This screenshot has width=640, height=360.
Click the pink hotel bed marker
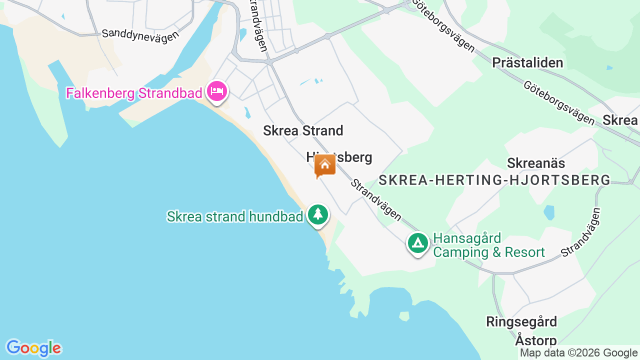(217, 91)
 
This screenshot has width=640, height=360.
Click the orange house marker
(324, 164)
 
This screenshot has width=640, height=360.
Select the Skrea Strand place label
(303, 130)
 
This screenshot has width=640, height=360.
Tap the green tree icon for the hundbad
(317, 214)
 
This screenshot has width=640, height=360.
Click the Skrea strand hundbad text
(235, 216)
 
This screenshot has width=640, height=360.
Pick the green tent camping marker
(418, 243)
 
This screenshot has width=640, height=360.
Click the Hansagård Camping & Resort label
(488, 245)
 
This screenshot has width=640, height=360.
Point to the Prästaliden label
(527, 62)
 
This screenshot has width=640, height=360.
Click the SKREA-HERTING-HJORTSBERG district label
(494, 180)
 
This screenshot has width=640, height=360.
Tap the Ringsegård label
(521, 321)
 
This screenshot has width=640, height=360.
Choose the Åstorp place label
(535, 340)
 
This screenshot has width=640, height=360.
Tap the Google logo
(33, 348)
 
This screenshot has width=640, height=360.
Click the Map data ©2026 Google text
(578, 352)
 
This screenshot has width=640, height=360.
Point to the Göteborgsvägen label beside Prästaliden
(558, 102)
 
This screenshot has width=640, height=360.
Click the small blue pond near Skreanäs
(549, 212)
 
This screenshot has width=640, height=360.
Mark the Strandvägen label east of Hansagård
(580, 233)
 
